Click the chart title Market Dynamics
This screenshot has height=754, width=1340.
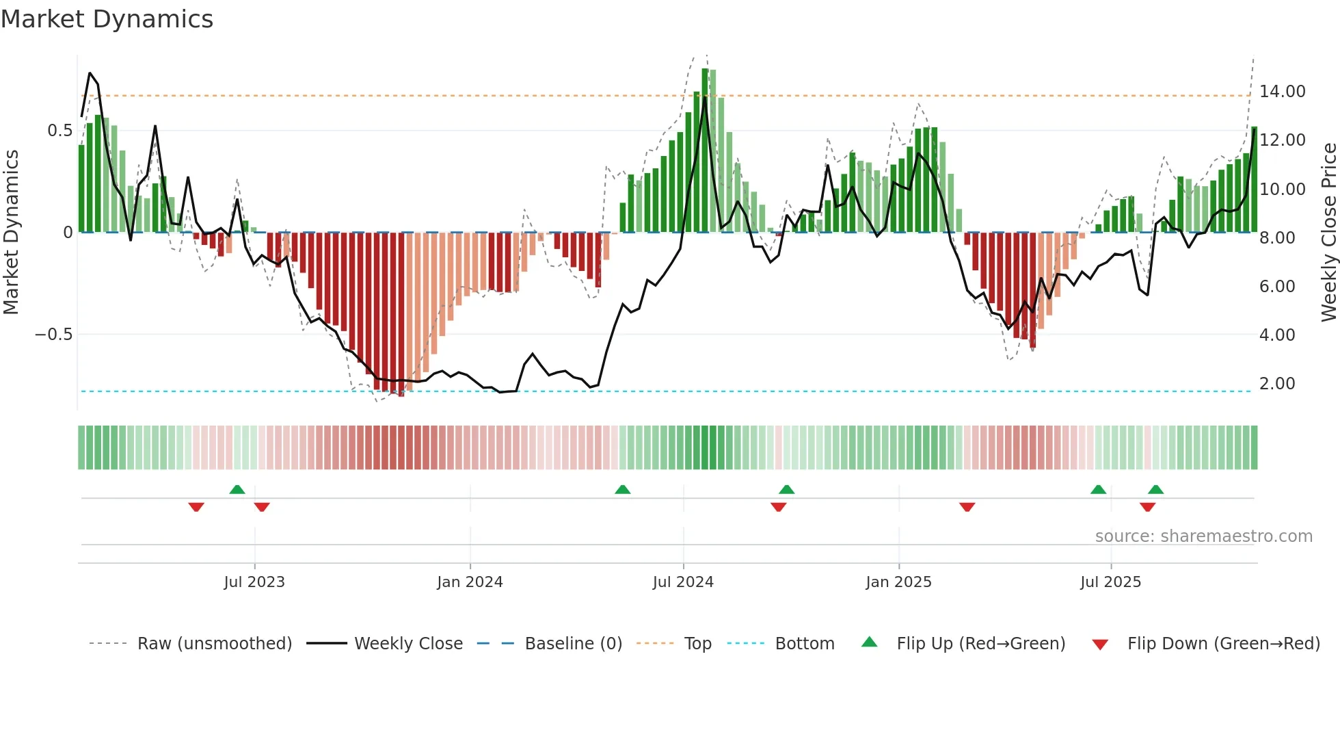tap(107, 19)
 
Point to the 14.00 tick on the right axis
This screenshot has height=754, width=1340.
tap(1282, 91)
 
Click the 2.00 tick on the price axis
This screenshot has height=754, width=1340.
tap(1276, 383)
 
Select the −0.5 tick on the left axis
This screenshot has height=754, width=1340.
tap(53, 335)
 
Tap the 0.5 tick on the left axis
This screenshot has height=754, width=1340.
tap(59, 130)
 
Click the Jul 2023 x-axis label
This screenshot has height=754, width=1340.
tap(254, 582)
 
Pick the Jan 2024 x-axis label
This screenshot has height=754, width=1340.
tap(470, 582)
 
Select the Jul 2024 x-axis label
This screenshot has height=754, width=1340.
tap(683, 582)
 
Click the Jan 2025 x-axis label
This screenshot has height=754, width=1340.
tap(898, 582)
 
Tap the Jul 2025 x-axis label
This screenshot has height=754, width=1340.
tap(1110, 582)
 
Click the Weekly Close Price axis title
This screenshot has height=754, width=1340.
tap(1328, 232)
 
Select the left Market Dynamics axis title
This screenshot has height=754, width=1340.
tap(11, 232)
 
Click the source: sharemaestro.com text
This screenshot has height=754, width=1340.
tap(1203, 536)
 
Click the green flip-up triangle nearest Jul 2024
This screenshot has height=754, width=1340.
tap(622, 489)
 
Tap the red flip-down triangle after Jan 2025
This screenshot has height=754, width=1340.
tap(967, 507)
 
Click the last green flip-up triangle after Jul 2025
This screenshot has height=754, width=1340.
tap(1155, 489)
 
